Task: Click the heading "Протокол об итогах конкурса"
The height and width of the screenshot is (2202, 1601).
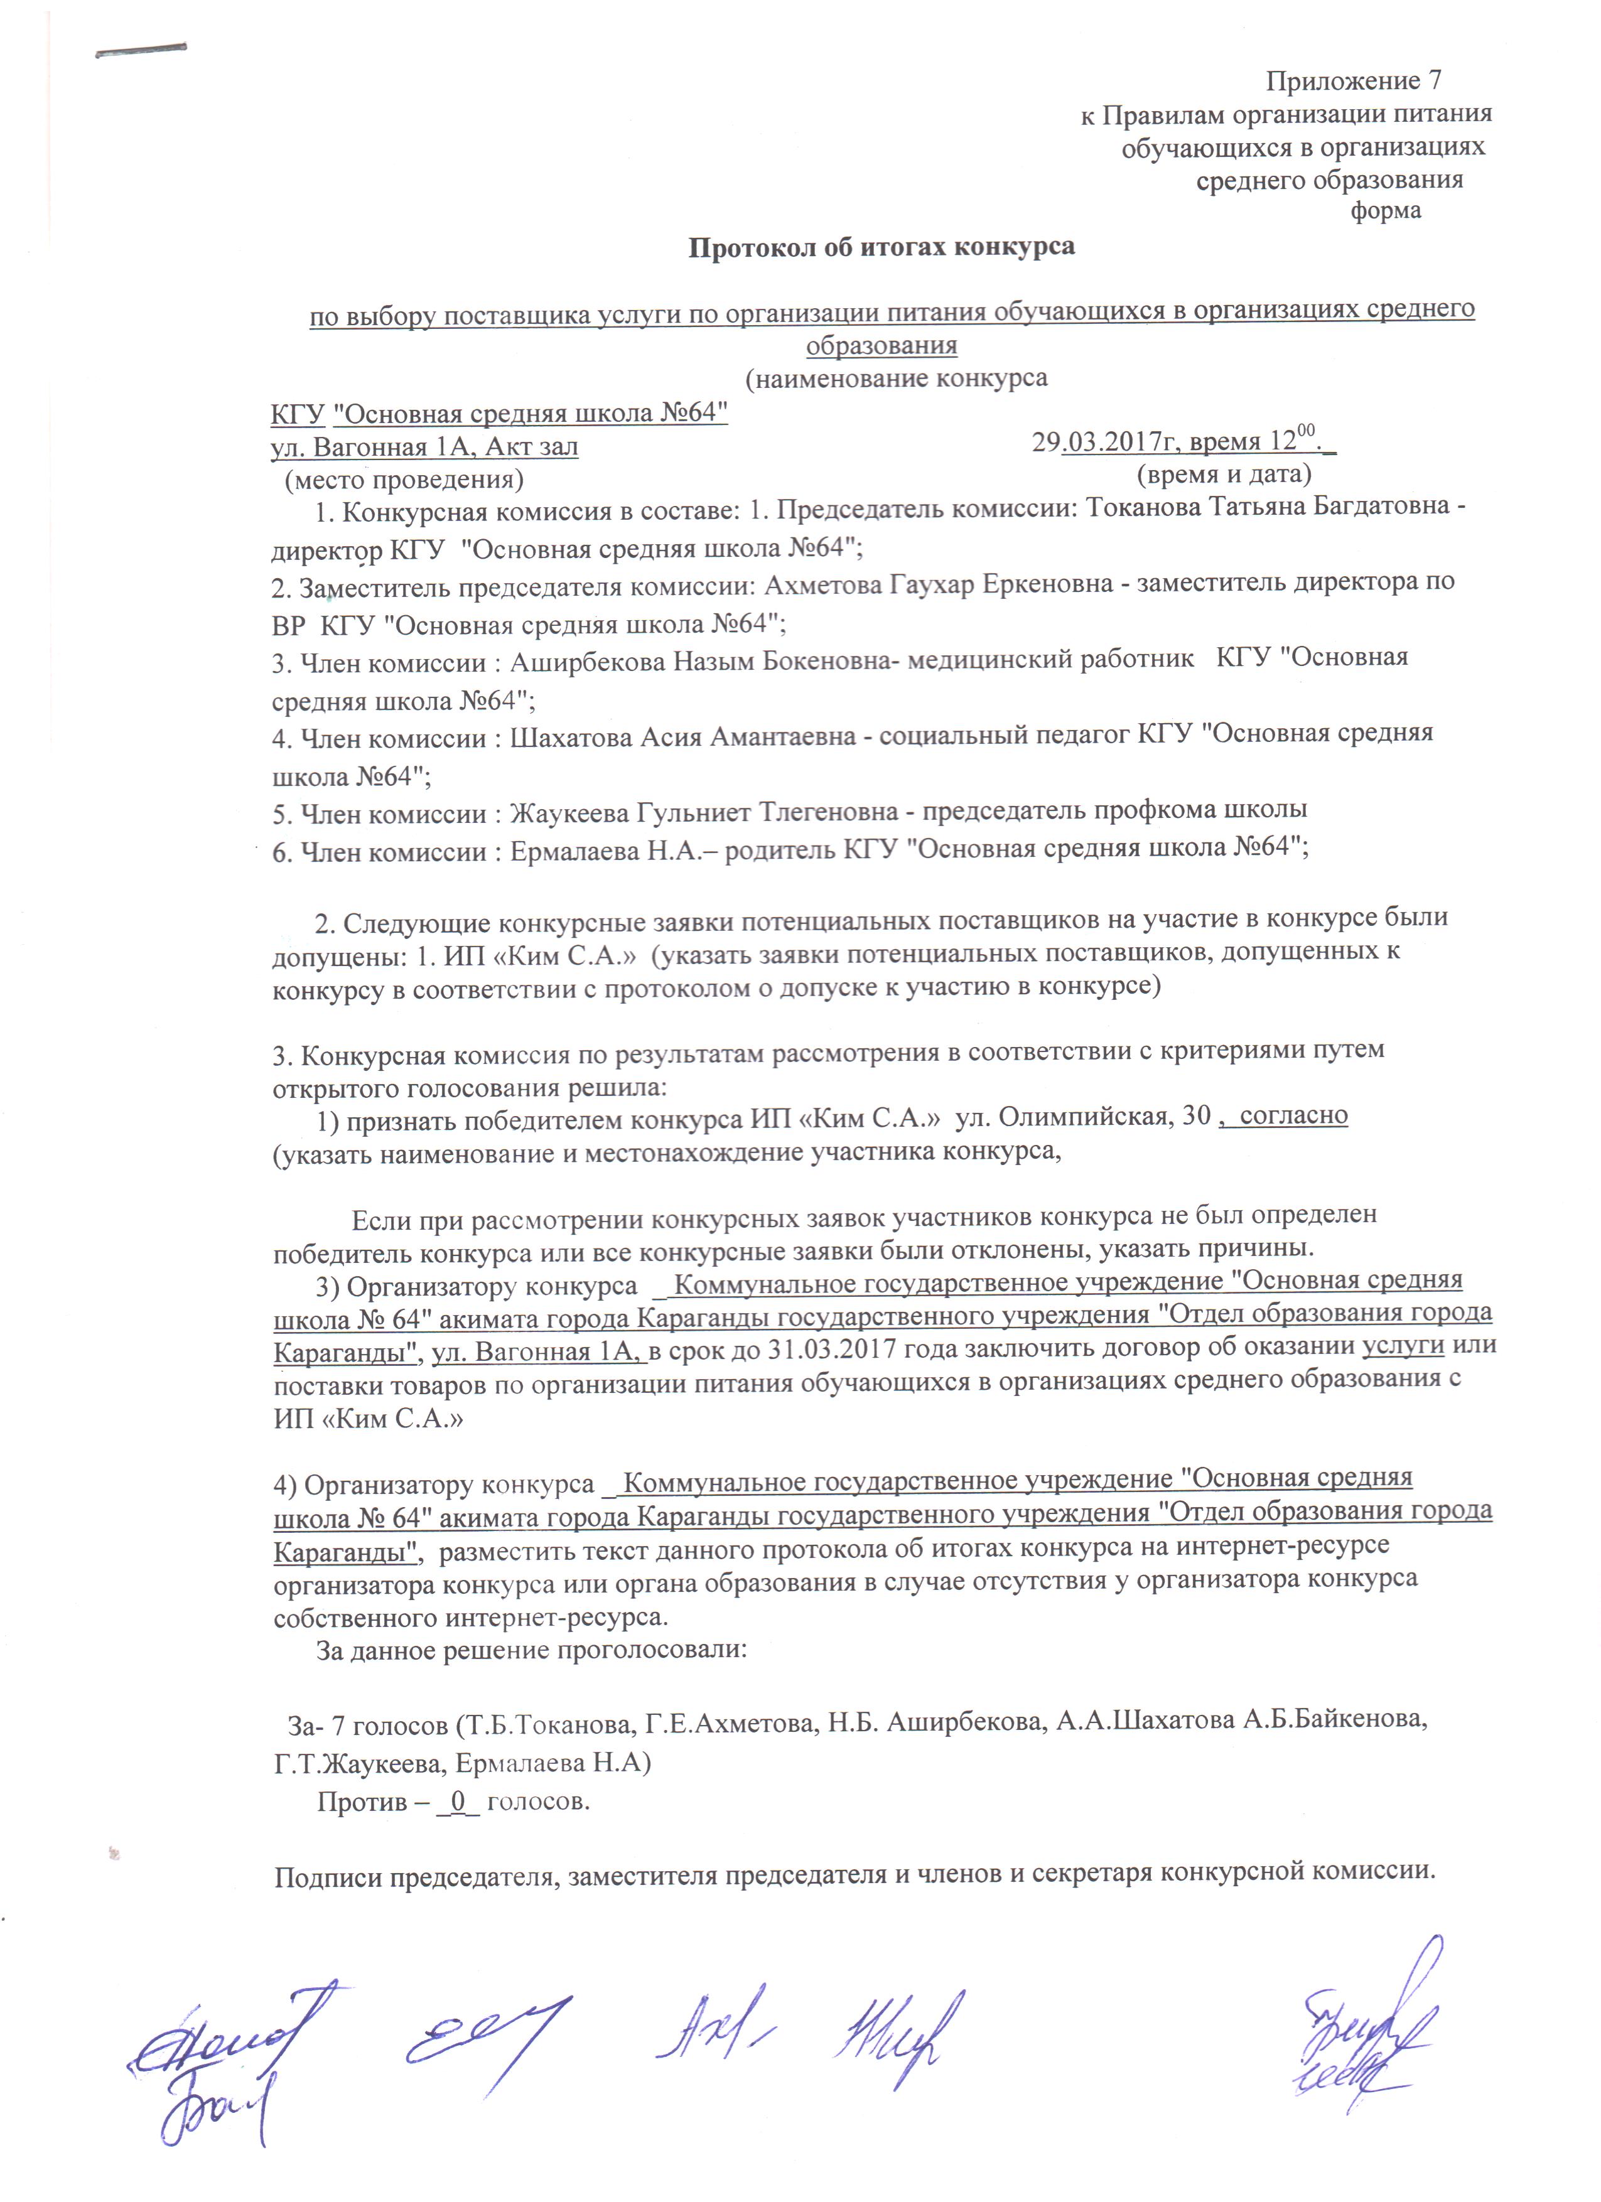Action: (x=881, y=247)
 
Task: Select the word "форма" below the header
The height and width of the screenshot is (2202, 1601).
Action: (x=1386, y=212)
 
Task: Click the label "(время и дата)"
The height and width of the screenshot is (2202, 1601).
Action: (x=1223, y=475)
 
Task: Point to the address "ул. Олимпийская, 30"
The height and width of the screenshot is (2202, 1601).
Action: (x=1082, y=1117)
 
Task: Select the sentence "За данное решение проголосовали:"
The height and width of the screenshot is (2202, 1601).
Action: (x=531, y=1650)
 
